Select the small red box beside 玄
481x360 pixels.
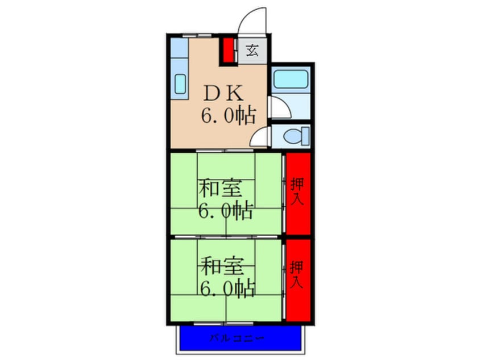(227, 50)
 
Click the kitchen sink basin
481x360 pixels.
(180, 85)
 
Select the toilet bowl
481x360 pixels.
(292, 136)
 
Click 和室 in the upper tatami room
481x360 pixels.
(220, 187)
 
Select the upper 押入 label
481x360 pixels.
(297, 191)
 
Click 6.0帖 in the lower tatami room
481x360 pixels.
(226, 289)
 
